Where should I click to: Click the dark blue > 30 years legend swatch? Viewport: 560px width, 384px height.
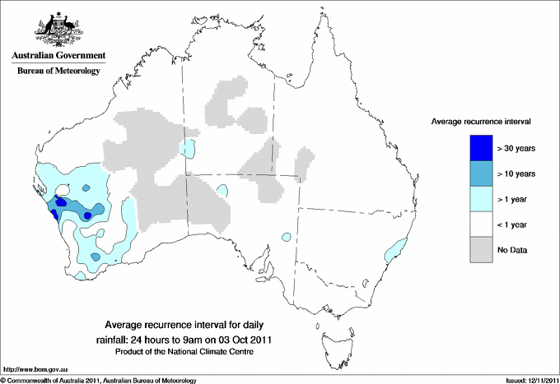pyautogui.click(x=478, y=148)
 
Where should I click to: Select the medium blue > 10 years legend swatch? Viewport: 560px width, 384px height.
pyautogui.click(x=478, y=173)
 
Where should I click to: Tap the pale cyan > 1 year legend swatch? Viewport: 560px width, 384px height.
pyautogui.click(x=478, y=199)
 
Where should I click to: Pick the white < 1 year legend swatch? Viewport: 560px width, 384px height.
pyautogui.click(x=478, y=224)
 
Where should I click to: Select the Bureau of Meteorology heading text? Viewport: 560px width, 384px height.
pyautogui.click(x=58, y=72)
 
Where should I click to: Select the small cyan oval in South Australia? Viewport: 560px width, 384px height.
pyautogui.click(x=286, y=237)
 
